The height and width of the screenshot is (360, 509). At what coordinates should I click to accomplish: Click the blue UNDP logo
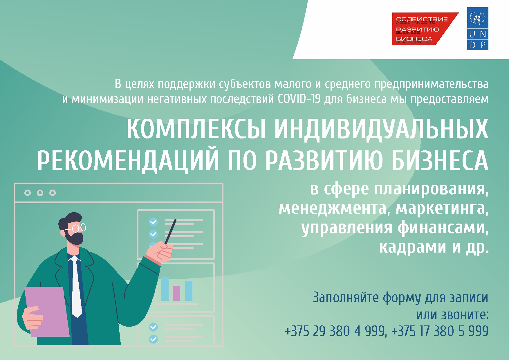[478, 29]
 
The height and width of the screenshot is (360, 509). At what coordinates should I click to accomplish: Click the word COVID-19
[299, 99]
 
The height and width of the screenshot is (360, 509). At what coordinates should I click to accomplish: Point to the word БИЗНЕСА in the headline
[440, 161]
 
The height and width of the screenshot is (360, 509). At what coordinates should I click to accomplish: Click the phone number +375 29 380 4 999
[336, 331]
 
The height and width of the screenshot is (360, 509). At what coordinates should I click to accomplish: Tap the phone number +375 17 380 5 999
[440, 331]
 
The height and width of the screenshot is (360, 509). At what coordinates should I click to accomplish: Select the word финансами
[443, 228]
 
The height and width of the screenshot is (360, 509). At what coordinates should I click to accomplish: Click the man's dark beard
[74, 237]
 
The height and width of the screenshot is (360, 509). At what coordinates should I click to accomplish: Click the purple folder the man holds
[46, 312]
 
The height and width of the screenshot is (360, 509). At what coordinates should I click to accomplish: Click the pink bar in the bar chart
[176, 293]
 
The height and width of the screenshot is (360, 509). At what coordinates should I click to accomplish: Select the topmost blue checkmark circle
[153, 222]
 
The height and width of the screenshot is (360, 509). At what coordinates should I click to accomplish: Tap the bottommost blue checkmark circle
[153, 339]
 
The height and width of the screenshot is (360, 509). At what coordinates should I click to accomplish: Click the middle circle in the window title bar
[40, 192]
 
